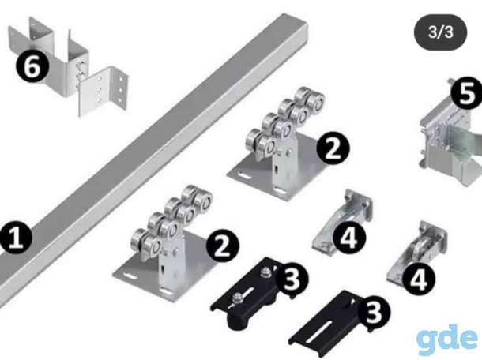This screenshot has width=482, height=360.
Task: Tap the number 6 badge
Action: click(32, 66)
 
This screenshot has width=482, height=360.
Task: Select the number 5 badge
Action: click(467, 93)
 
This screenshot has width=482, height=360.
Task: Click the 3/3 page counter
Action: click(440, 32)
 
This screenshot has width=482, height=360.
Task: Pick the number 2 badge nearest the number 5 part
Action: click(333, 148)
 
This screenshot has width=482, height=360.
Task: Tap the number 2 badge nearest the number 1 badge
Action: click(222, 246)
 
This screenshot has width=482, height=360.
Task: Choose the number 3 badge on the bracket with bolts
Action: click(292, 279)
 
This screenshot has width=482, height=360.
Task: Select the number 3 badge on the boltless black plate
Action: click(374, 313)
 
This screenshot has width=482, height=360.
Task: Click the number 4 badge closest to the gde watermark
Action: click(418, 279)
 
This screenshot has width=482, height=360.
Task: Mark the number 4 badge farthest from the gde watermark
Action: click(349, 238)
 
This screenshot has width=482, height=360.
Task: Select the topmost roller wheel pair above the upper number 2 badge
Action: click(310, 98)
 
